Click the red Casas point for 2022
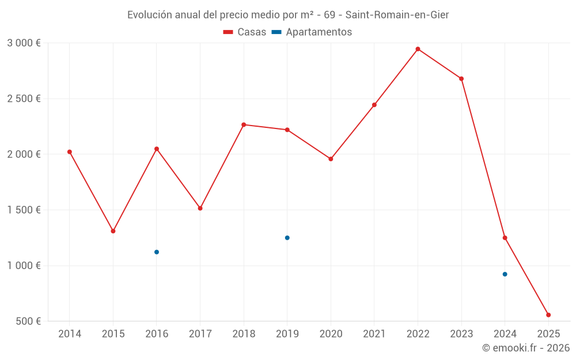418,49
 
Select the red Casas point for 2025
548,315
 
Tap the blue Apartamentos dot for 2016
157,252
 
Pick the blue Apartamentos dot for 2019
287,238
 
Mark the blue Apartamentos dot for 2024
505,274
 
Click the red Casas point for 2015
113,231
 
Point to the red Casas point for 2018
244,124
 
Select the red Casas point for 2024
505,238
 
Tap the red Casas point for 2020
331,159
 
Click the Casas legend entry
245,32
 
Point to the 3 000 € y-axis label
24,43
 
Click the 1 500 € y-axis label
24,210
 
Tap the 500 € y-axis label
28,321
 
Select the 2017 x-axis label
200,334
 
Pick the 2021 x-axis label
374,334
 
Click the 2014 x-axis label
70,334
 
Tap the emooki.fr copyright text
526,348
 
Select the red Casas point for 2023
461,78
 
